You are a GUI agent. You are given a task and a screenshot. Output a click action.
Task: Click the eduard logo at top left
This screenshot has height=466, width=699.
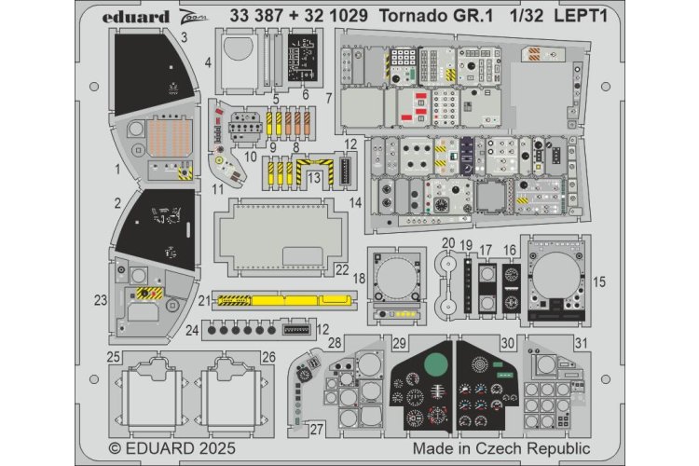135,16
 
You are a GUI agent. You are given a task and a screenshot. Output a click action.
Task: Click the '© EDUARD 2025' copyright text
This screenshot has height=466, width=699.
172,448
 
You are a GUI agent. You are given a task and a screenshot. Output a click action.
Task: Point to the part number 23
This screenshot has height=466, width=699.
101,300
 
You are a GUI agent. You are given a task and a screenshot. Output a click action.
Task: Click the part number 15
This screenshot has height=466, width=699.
598,280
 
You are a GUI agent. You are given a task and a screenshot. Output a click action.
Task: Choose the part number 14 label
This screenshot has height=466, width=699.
355,201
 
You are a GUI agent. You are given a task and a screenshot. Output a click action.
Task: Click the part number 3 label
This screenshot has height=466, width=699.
184,37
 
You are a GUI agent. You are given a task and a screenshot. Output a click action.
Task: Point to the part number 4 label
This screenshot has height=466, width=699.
208,62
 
